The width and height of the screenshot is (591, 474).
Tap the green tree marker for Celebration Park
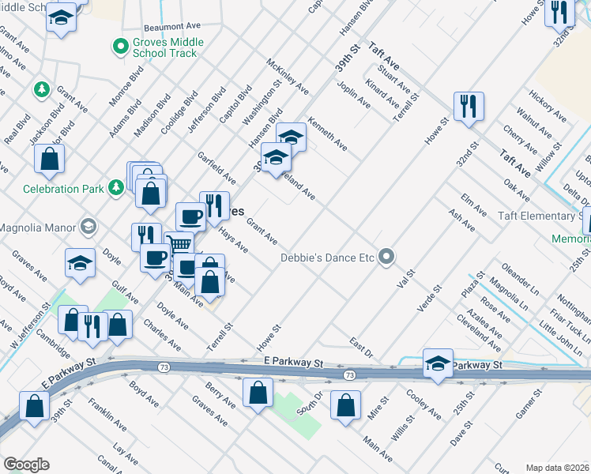tap(117, 187)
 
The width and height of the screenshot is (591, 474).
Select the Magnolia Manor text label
tap(37, 228)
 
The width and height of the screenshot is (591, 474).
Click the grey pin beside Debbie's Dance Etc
tap(386, 258)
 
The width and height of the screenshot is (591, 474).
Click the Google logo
tap(26, 465)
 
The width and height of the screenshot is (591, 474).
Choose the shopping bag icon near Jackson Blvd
tap(50, 158)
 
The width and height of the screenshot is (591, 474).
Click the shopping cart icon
tap(180, 245)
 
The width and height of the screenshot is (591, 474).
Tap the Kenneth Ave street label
tap(328, 134)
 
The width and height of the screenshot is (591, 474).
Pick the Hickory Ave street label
tap(548, 107)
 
